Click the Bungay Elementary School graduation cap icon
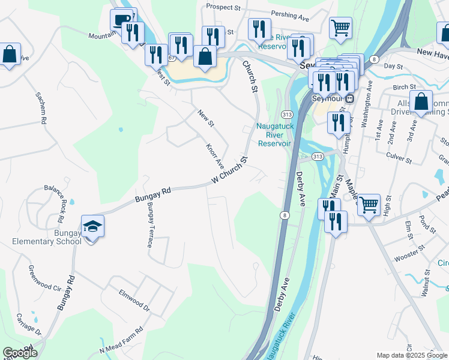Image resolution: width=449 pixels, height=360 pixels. pos(93,227)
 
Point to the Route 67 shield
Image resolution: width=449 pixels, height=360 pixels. pos(172,58)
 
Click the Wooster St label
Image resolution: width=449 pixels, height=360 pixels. pos(409,253)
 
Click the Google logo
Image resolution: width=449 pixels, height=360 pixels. pos(20,352)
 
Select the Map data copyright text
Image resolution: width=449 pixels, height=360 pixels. pos(412,355)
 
